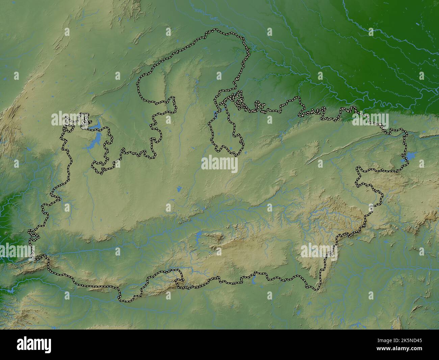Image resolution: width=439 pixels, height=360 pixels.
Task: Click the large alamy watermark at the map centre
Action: tap(219, 164)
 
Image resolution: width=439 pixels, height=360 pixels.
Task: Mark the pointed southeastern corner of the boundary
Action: tap(316, 290)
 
